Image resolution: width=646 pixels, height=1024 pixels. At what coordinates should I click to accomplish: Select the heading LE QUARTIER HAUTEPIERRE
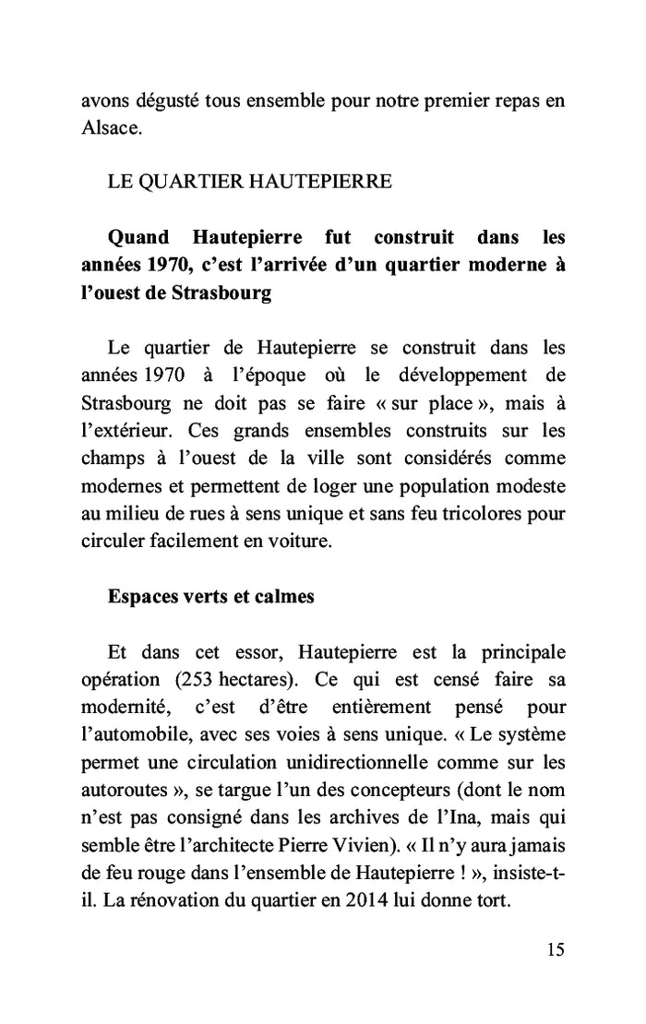249,182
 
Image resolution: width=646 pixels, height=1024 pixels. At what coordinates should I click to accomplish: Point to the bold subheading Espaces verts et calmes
211,596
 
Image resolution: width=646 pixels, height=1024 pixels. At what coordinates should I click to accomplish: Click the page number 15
555,949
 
